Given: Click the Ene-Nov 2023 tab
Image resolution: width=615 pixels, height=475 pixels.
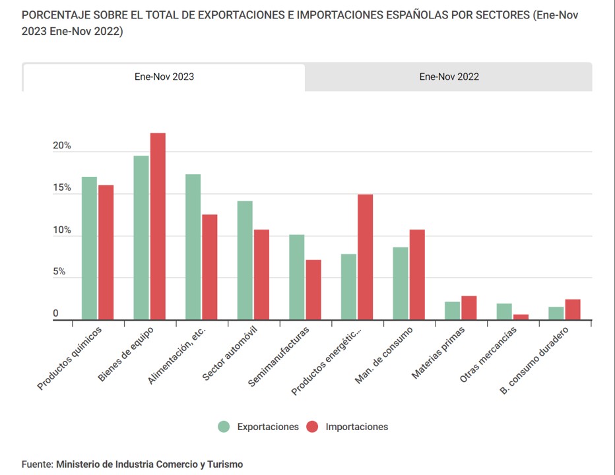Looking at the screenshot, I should [x=164, y=77].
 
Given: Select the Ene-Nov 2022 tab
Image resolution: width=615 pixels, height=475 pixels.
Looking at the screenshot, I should [x=449, y=77].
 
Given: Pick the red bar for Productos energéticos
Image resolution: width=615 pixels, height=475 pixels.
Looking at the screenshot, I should [x=365, y=257].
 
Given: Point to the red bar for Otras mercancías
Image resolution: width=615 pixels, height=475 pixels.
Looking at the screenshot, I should [x=521, y=317].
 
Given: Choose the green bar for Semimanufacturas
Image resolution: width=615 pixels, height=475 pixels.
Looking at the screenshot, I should [x=297, y=277].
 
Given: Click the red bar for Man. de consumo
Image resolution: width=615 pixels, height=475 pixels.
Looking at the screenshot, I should [x=417, y=274].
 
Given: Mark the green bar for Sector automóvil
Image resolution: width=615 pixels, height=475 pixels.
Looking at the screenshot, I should [x=245, y=261].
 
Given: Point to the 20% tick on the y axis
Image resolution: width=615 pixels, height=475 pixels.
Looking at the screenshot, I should [x=62, y=146].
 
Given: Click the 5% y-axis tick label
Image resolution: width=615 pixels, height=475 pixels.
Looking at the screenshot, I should [x=59, y=272].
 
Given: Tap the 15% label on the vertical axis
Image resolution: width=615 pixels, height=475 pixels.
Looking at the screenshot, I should [x=62, y=188].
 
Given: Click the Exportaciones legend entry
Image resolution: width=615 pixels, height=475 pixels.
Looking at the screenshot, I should [x=259, y=427].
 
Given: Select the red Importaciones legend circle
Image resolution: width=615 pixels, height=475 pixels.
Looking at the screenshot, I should [x=313, y=427].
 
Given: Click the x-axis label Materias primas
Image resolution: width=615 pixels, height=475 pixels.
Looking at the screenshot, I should [x=439, y=352].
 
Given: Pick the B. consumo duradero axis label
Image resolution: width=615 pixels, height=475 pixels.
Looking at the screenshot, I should [x=534, y=361].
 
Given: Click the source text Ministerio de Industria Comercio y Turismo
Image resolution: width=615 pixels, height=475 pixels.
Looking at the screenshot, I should [x=149, y=464].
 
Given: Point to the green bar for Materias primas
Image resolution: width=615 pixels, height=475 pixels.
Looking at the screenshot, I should [x=453, y=311].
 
